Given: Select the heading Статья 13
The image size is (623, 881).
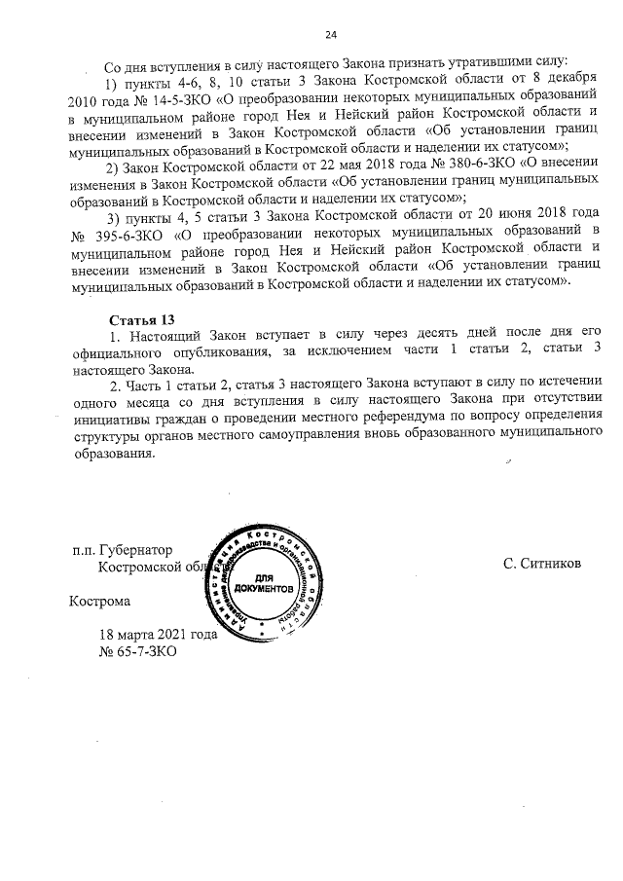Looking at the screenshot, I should point(142,319).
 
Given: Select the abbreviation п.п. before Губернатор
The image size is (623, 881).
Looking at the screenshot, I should point(84,550).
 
